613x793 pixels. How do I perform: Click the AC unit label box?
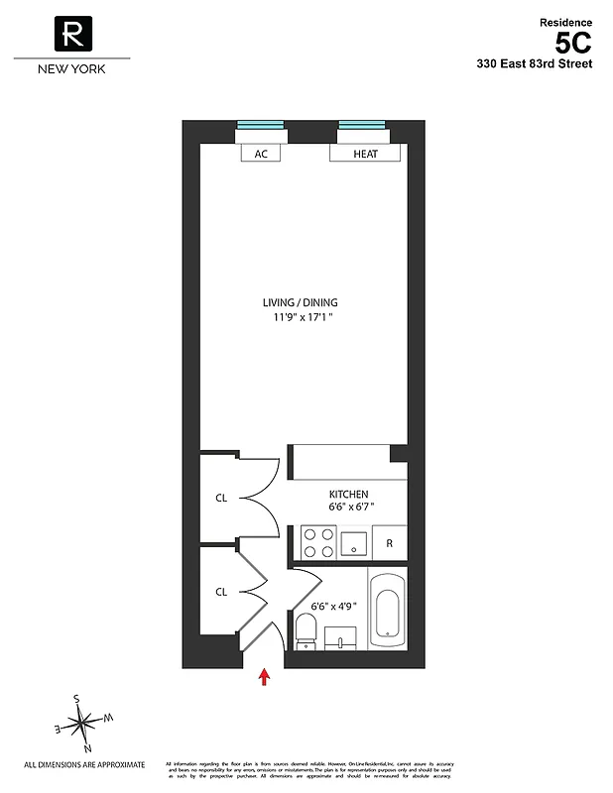(x=261, y=154)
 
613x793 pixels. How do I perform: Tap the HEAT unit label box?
(x=365, y=154)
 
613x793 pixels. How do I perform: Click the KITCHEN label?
(x=349, y=494)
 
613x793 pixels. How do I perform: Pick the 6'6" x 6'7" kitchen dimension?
(x=351, y=508)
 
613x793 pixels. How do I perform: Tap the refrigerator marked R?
(x=390, y=543)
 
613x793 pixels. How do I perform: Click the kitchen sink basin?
(x=353, y=543)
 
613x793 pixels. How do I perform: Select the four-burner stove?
(x=318, y=542)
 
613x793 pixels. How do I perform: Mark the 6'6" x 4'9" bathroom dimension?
(x=333, y=606)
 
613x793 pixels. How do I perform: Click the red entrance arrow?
(x=264, y=677)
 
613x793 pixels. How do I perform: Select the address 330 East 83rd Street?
(x=534, y=64)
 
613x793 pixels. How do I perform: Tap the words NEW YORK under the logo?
(x=71, y=69)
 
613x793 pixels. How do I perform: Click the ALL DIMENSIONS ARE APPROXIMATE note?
(x=84, y=764)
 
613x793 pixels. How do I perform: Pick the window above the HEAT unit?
(x=362, y=125)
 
